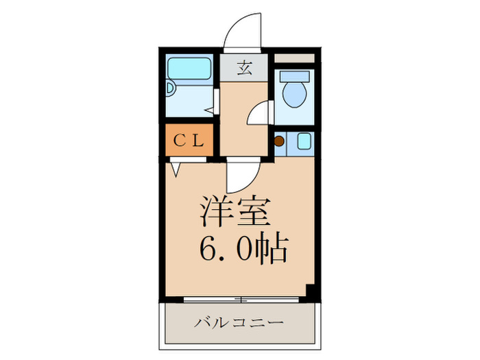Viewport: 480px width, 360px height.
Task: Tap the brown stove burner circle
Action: (279, 142)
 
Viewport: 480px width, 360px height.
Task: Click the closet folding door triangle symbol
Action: (176, 168)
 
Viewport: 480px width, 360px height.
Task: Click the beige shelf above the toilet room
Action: (296, 58)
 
